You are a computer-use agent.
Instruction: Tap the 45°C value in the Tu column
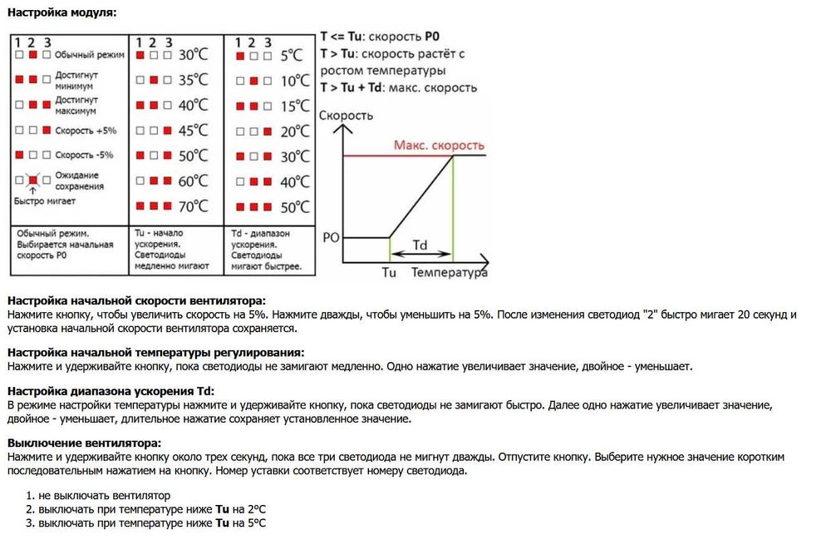pos(193,130)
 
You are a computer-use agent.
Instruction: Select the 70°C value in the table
pos(193,206)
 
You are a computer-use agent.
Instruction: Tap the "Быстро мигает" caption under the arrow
pos(44,201)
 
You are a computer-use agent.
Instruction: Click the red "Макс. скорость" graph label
pos(439,146)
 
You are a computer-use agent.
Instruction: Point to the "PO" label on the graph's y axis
pos(331,237)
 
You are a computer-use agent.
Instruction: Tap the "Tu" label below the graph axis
pos(389,272)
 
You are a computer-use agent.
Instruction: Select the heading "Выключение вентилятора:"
pos(83,443)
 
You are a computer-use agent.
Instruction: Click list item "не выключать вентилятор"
pos(104,495)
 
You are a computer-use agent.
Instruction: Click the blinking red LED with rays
pos(33,180)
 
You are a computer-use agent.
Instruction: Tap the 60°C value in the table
pos(193,181)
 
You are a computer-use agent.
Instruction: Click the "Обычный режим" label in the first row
pos(89,55)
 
